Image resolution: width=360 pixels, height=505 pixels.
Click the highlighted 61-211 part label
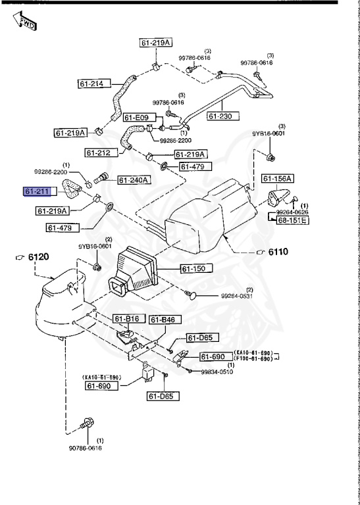click(x=37, y=192)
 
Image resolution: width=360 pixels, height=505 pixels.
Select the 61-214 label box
click(x=92, y=84)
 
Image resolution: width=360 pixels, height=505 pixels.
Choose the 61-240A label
click(x=134, y=180)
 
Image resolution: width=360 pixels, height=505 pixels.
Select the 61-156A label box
click(x=277, y=178)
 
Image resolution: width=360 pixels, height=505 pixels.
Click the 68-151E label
click(x=292, y=220)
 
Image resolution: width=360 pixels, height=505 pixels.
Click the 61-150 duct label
click(x=193, y=269)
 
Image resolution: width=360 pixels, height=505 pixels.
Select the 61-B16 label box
click(x=127, y=320)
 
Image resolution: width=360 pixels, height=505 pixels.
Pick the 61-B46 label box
click(x=162, y=320)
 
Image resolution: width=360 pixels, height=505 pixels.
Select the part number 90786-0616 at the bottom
click(x=86, y=448)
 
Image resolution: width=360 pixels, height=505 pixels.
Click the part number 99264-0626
click(x=292, y=212)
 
